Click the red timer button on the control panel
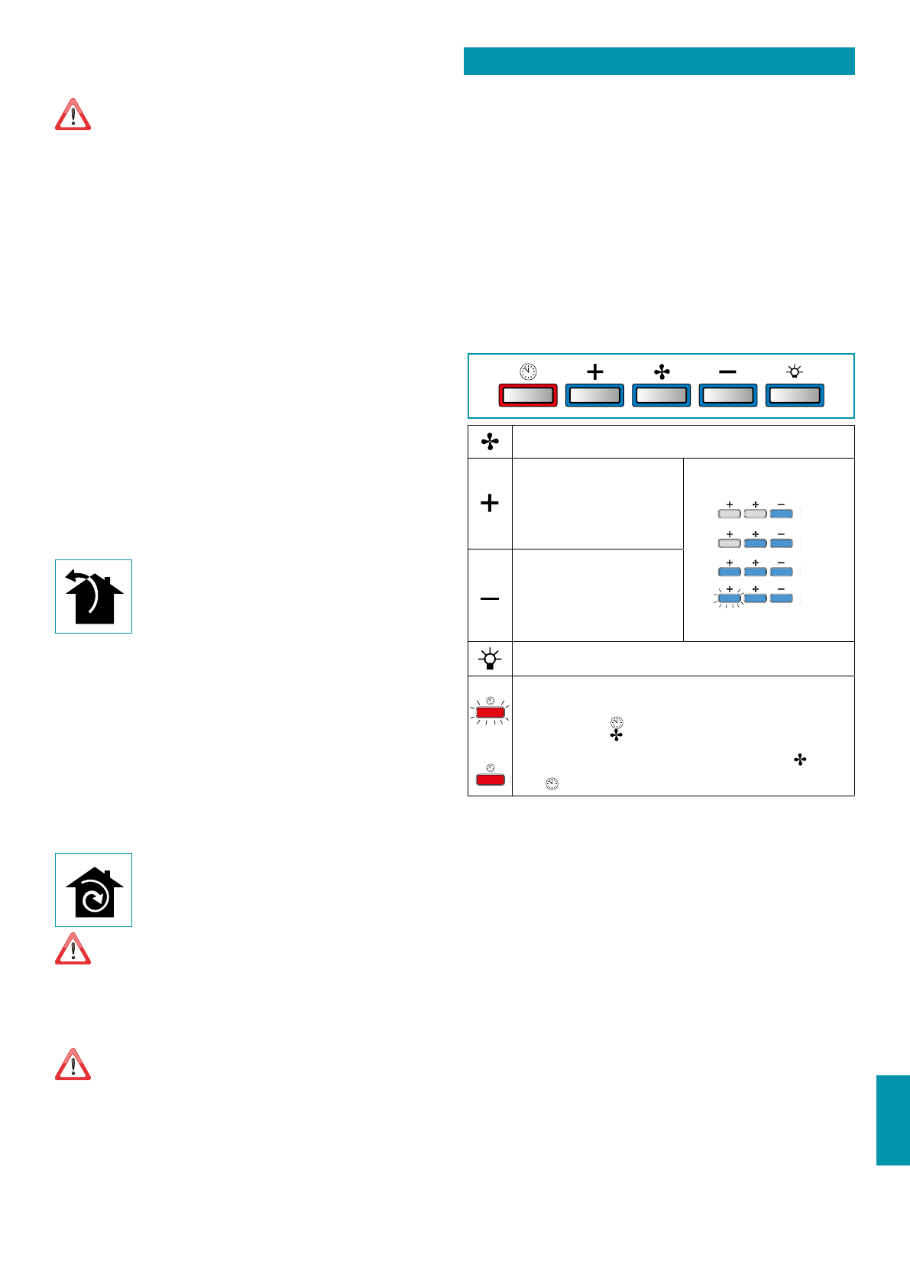(527, 395)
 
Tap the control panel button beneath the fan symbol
(661, 395)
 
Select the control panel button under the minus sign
(727, 395)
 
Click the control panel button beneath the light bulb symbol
(795, 395)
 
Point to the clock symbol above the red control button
(527, 372)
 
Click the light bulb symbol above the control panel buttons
(795, 372)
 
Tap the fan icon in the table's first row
(490, 442)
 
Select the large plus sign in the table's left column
(490, 503)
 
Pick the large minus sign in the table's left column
(490, 598)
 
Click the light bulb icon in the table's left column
(490, 659)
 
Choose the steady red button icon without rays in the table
(490, 779)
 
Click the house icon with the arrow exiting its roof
(93, 597)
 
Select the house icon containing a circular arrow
(93, 890)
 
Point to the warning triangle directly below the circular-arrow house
(73, 949)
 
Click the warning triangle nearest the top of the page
(73, 115)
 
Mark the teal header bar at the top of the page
(659, 61)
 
